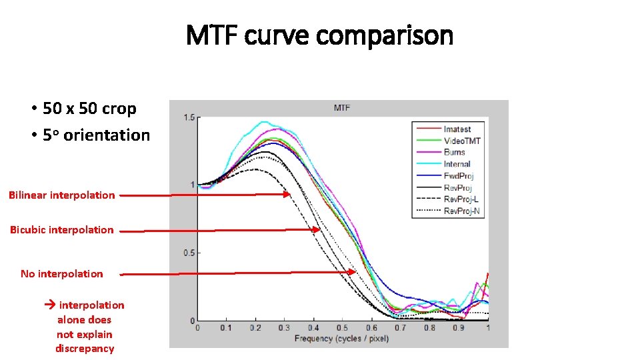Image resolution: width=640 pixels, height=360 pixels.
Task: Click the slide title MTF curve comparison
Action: pos(319,35)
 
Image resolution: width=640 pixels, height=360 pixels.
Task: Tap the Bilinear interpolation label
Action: pos(61,195)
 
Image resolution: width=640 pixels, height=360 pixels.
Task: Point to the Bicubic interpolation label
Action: pos(61,230)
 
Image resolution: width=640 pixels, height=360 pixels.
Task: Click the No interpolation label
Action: pos(61,274)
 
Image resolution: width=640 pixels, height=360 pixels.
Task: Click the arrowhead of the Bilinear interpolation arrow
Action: pos(288,195)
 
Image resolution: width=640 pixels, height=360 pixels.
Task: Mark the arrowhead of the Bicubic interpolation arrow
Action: pos(318,230)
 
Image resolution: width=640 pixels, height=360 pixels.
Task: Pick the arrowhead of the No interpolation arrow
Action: pos(353,272)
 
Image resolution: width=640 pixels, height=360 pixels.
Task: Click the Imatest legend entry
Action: pos(457,129)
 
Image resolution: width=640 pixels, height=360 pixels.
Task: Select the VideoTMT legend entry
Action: pos(461,141)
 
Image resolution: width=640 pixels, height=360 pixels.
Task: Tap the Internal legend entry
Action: pos(457,164)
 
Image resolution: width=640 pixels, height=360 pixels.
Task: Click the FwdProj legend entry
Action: pos(458,176)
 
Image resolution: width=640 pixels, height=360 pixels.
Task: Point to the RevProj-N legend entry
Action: pos(461,211)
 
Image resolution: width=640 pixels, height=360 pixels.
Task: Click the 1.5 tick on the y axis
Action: pos(189,118)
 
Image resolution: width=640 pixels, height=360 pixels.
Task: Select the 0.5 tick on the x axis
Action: pos(342,328)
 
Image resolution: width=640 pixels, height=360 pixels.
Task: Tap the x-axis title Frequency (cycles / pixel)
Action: pos(341,339)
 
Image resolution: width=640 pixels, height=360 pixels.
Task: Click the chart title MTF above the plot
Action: pos(341,108)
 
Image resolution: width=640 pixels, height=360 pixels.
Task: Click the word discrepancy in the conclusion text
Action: pos(85,349)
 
